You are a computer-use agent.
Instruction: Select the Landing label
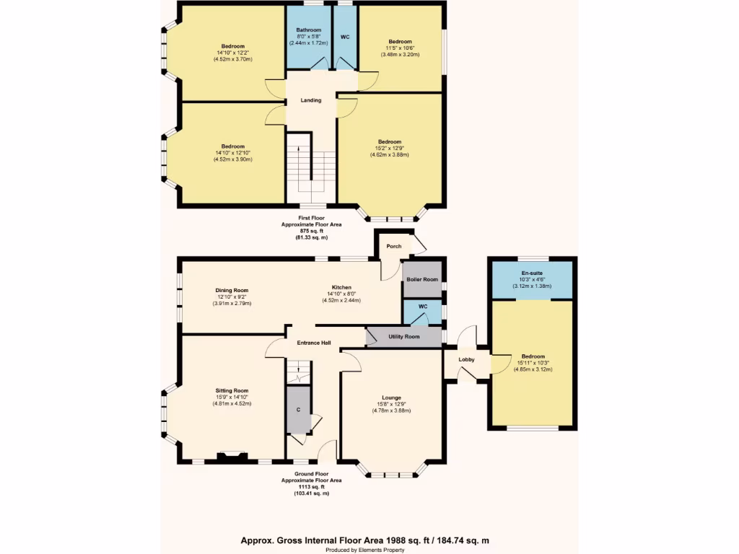[311, 100]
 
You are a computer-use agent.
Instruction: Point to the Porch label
[394, 246]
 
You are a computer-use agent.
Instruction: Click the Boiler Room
[422, 279]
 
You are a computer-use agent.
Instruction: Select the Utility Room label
[403, 337]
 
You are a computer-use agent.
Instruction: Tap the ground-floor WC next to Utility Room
[422, 312]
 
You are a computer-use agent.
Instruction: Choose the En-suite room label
[532, 273]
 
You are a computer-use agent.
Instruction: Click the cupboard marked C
[298, 410]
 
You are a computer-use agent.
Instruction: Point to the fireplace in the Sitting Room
[232, 456]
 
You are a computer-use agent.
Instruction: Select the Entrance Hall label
[314, 343]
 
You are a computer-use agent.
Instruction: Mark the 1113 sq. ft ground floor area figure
[311, 486]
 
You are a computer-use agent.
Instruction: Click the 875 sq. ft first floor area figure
[311, 231]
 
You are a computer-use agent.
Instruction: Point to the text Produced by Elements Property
[369, 550]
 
